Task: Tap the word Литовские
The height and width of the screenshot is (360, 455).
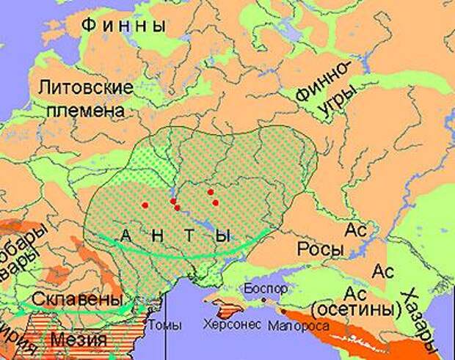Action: click(87, 88)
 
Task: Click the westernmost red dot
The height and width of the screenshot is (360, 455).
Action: click(145, 205)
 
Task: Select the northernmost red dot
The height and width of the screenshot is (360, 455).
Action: click(211, 192)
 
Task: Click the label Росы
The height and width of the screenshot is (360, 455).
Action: click(317, 249)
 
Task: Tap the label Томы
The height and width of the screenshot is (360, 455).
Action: click(161, 323)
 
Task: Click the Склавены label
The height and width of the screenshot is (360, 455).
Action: click(87, 301)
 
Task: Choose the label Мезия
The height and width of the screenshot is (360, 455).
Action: click(77, 340)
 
